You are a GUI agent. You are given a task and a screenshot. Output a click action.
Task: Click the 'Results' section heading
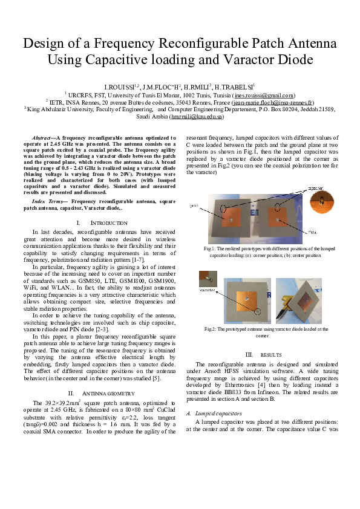click(x=265, y=354)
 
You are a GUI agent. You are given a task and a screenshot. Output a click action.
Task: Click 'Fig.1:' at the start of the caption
click(x=209, y=248)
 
